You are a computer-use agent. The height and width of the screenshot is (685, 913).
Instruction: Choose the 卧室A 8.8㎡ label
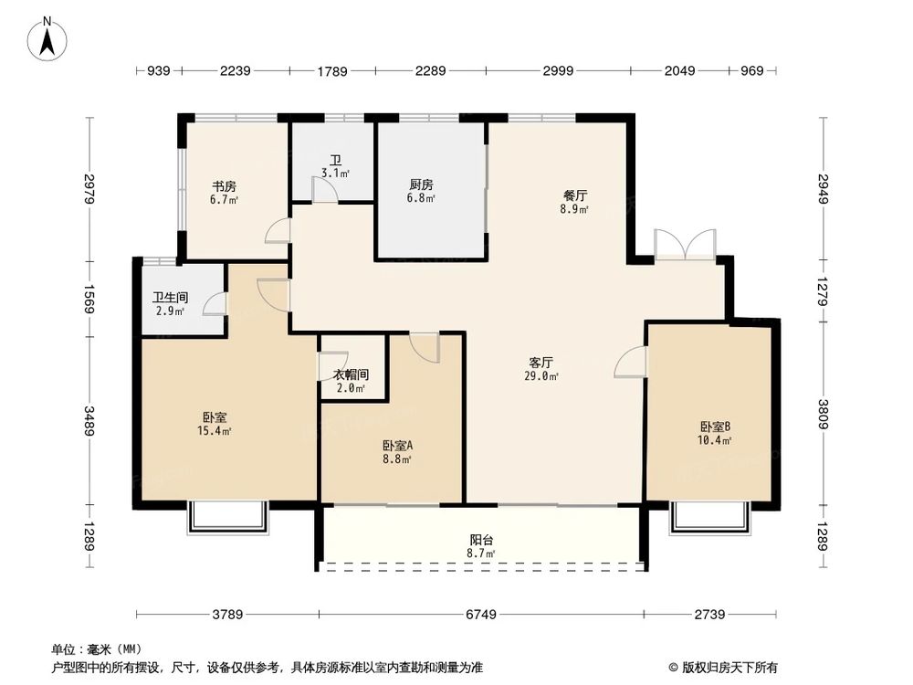click(397, 451)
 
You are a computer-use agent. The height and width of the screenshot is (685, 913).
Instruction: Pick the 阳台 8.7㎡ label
click(480, 546)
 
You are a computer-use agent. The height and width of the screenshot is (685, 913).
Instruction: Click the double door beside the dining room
click(684, 246)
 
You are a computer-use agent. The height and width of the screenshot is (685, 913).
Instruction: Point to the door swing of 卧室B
click(630, 363)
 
